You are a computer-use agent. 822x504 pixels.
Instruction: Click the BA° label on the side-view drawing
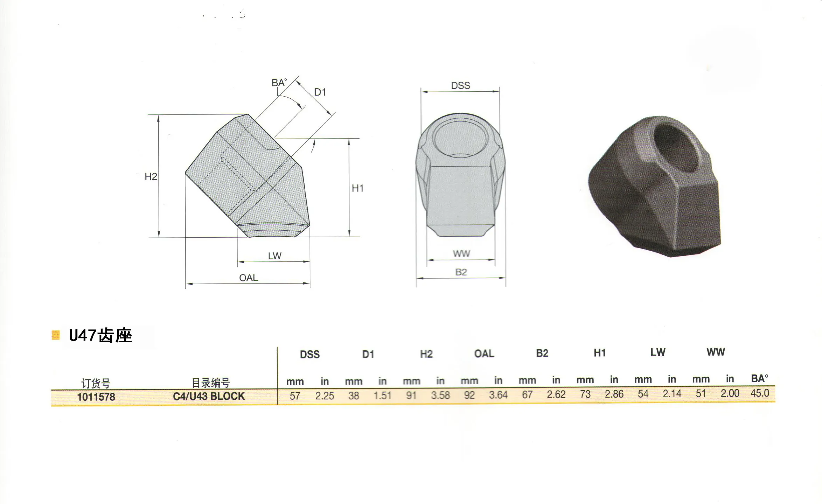279,83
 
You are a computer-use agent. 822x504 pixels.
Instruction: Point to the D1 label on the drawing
320,92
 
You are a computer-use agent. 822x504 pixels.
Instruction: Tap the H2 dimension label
151,176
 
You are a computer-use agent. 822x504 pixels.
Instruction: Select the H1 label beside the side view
357,188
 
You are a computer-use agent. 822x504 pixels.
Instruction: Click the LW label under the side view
274,256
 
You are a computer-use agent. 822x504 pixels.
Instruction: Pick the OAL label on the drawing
249,278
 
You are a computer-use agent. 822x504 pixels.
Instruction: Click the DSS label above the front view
460,85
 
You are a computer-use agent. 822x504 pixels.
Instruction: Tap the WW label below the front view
461,254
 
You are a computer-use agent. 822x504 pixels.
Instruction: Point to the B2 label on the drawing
461,272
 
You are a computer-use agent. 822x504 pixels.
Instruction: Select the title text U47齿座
100,336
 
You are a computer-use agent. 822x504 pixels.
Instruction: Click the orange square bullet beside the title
56,335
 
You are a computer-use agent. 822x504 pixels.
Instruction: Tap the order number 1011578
96,397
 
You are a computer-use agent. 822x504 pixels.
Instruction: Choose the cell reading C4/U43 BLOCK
209,396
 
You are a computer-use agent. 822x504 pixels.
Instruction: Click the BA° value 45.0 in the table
760,393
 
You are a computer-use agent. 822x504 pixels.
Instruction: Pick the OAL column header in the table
484,354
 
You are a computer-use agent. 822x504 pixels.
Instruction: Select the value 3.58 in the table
440,395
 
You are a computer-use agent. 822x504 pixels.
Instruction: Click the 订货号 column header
96,383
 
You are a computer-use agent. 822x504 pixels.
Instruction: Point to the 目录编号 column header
211,383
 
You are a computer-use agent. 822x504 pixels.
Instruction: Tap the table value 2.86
614,394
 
